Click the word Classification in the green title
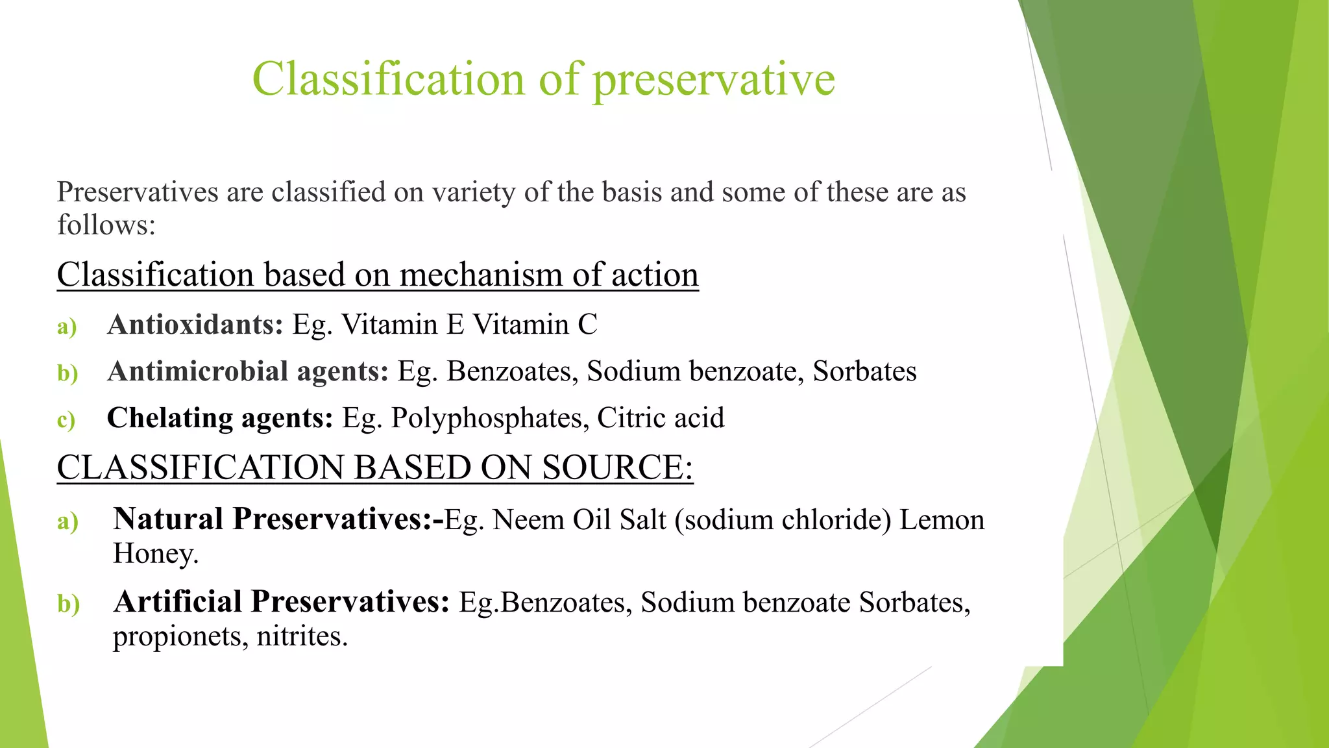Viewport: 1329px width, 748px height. (x=388, y=79)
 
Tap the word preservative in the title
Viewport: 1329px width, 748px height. (x=714, y=80)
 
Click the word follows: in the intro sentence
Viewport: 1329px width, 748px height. (x=106, y=225)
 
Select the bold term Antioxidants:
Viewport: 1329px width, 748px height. (x=195, y=324)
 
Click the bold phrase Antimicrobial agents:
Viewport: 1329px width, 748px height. (x=248, y=371)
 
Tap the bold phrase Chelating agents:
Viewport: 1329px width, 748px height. (x=220, y=418)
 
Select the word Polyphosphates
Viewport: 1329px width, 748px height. (x=490, y=418)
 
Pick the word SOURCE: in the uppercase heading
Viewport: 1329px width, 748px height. (x=618, y=467)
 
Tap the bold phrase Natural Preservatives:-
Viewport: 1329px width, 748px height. (x=278, y=519)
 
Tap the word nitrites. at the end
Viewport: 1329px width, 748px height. (x=302, y=636)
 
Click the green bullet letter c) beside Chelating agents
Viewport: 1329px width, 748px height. (x=66, y=420)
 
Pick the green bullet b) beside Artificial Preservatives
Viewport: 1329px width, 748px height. (x=68, y=604)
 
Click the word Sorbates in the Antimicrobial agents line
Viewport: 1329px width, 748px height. (x=864, y=371)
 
